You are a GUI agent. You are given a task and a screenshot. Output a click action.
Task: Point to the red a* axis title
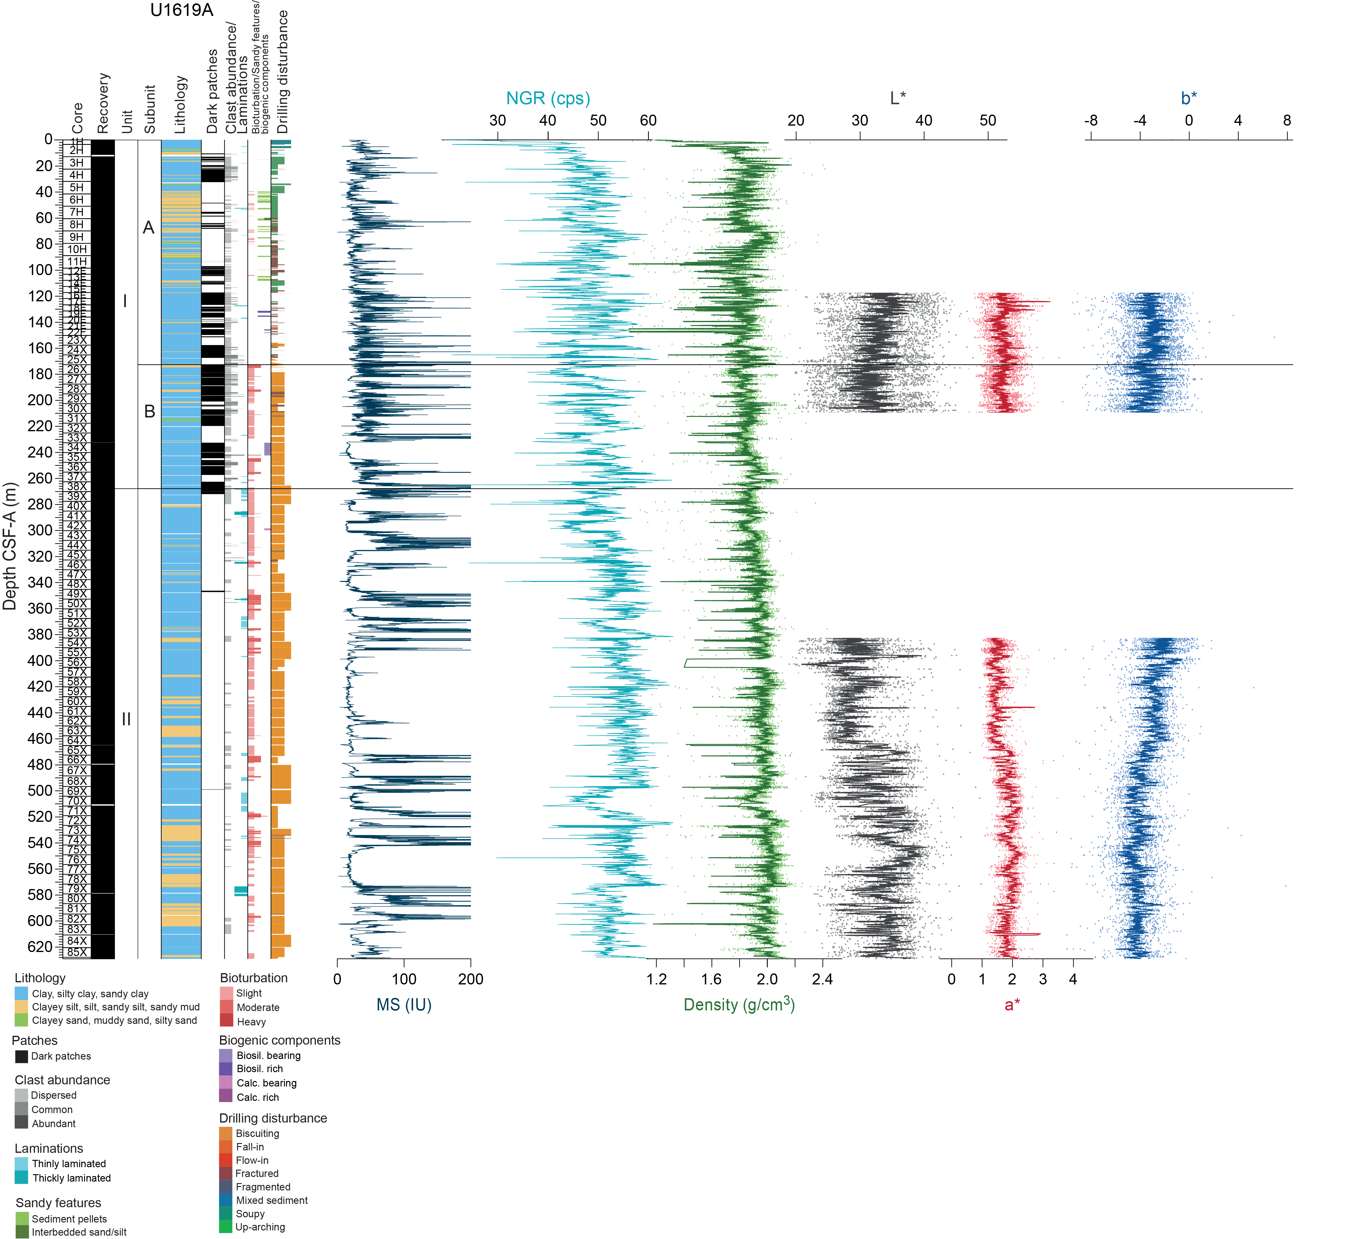pos(1012,1005)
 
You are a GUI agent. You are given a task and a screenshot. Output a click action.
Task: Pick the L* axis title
pos(898,98)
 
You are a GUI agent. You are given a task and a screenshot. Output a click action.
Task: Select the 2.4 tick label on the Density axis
pos(822,979)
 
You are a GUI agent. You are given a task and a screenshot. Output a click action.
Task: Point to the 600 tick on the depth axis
pos(40,921)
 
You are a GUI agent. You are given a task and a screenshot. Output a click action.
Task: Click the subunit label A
pos(149,228)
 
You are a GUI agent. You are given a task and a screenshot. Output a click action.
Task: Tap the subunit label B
pos(150,412)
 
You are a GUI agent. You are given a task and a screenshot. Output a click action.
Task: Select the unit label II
pos(126,719)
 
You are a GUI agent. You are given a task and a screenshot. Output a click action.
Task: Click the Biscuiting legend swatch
pos(226,1134)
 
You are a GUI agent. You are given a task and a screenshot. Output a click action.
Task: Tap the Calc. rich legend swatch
pos(226,1097)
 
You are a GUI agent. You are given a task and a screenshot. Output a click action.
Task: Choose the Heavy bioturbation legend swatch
pos(226,1022)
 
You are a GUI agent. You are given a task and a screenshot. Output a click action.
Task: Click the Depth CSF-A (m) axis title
pos(9,546)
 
